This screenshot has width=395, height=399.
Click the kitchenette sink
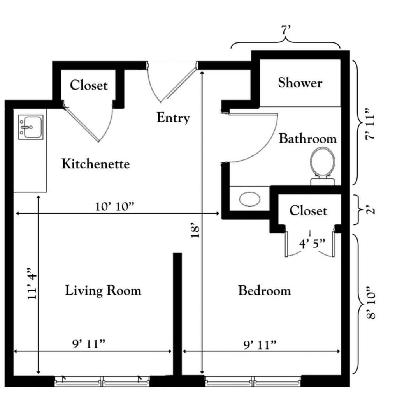(x=31, y=127)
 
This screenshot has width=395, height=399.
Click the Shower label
(x=300, y=83)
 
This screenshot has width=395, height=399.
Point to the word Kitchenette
(x=96, y=164)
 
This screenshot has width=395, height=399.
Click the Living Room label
(x=103, y=290)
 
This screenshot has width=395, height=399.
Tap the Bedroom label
(x=264, y=291)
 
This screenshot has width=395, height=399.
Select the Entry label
(x=173, y=118)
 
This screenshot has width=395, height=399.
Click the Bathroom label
(x=307, y=139)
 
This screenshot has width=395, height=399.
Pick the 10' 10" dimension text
(x=115, y=207)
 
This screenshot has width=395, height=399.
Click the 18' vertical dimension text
(x=195, y=231)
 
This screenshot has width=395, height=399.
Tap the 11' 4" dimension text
(x=32, y=283)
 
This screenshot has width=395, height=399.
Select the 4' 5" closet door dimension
(x=312, y=244)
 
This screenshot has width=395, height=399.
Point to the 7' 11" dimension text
(x=370, y=124)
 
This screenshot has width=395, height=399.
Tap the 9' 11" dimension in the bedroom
(x=260, y=345)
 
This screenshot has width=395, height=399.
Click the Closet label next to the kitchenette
(x=88, y=85)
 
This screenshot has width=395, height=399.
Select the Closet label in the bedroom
(x=308, y=211)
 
